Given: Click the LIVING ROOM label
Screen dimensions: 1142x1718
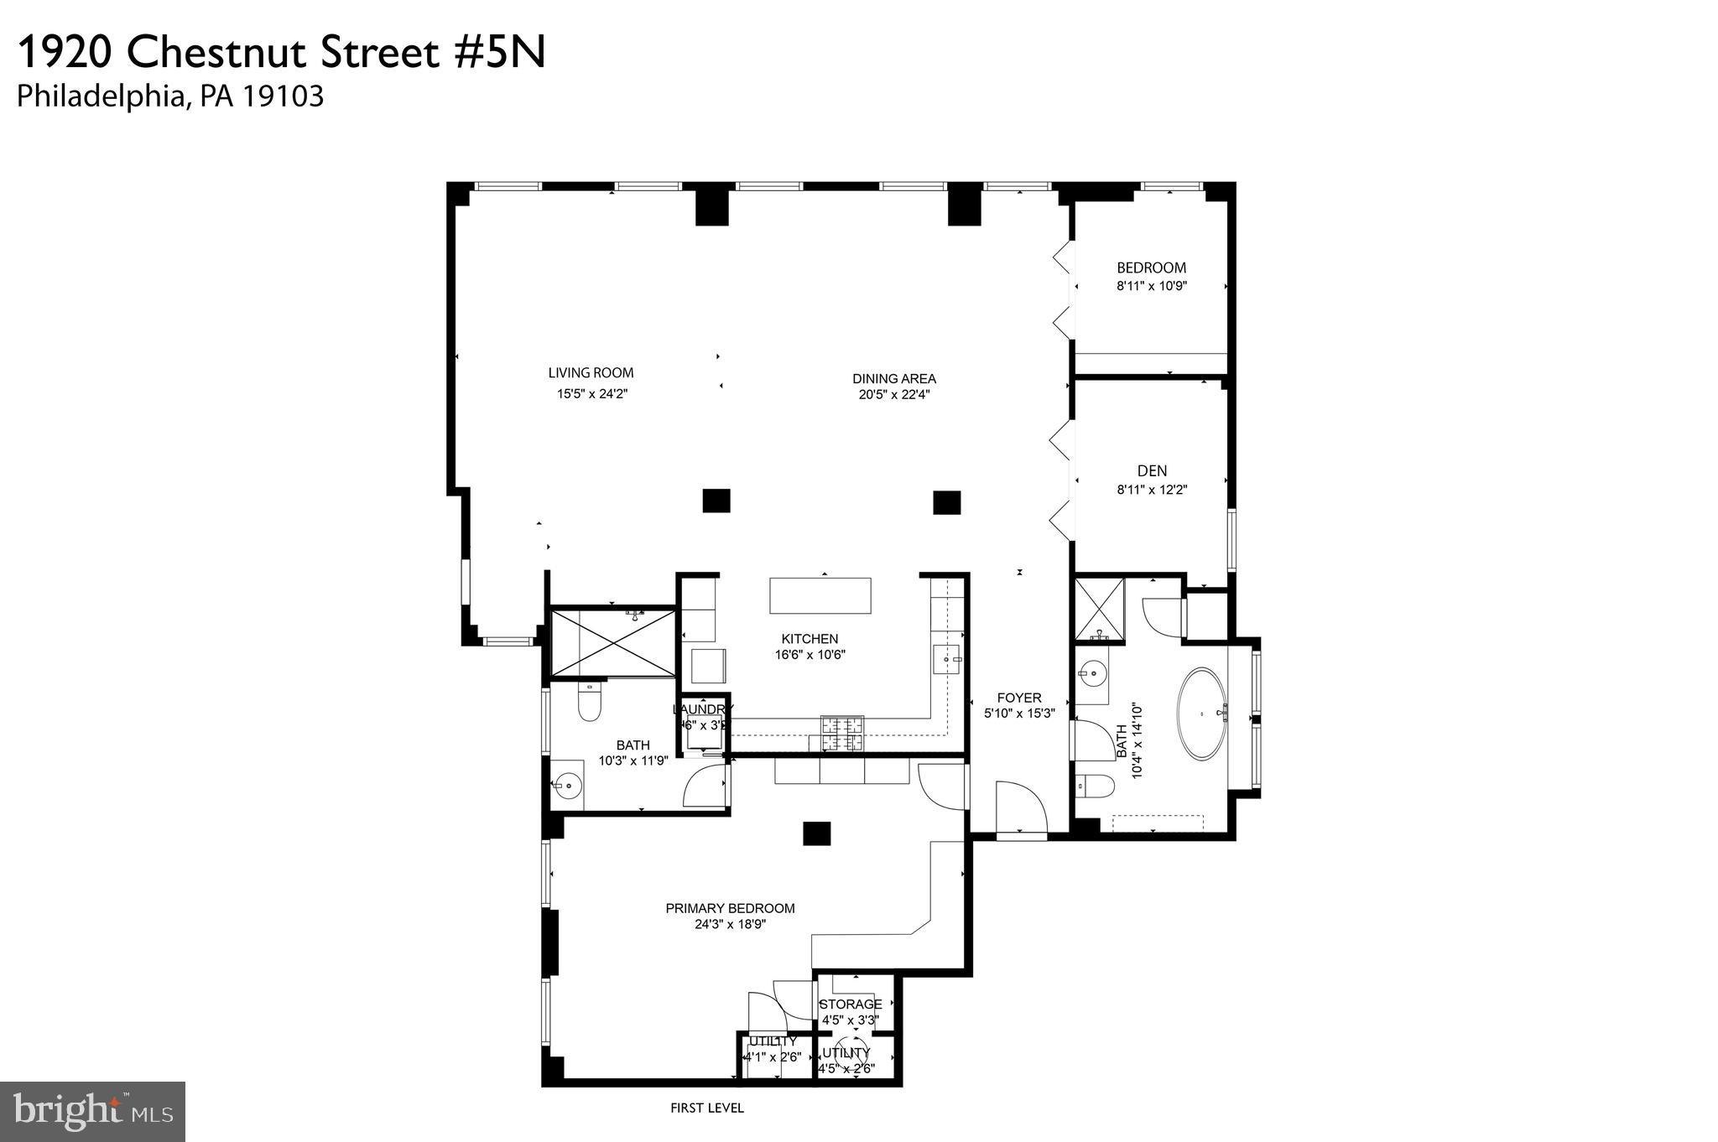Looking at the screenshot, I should [591, 373].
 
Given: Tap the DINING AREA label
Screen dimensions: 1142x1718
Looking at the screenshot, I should [893, 379].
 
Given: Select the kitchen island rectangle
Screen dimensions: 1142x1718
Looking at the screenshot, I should [820, 595].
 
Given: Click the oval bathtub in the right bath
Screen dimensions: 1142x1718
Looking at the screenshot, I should [1202, 714].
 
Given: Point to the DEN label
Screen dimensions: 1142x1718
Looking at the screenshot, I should [1152, 471].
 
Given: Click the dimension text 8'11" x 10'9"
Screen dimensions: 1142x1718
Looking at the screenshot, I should [1151, 286].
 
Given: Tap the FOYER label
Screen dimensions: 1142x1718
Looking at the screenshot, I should [1019, 698].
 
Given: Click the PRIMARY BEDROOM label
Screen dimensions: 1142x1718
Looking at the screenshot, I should [730, 908].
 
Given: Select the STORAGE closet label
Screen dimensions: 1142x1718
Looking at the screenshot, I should [851, 1004].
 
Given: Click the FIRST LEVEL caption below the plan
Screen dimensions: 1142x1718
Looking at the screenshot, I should [706, 1108].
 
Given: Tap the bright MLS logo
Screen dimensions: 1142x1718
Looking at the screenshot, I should [92, 1112].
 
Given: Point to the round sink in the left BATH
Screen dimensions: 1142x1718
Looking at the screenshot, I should [568, 786].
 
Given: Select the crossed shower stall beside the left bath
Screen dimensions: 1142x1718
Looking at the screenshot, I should [613, 643].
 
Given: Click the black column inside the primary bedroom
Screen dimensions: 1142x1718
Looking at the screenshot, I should [816, 833].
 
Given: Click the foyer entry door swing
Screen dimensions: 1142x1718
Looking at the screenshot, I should [1021, 807].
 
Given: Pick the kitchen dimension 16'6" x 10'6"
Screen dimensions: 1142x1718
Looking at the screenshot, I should [810, 655].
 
